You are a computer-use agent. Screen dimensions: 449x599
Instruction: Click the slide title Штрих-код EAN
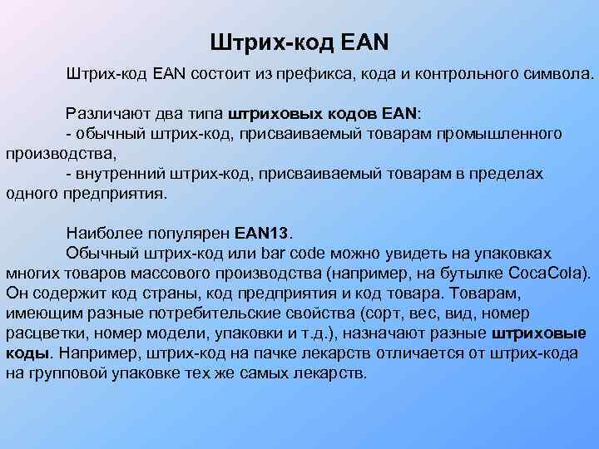(x=300, y=40)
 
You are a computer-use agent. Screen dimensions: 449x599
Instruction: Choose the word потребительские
(x=221, y=313)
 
